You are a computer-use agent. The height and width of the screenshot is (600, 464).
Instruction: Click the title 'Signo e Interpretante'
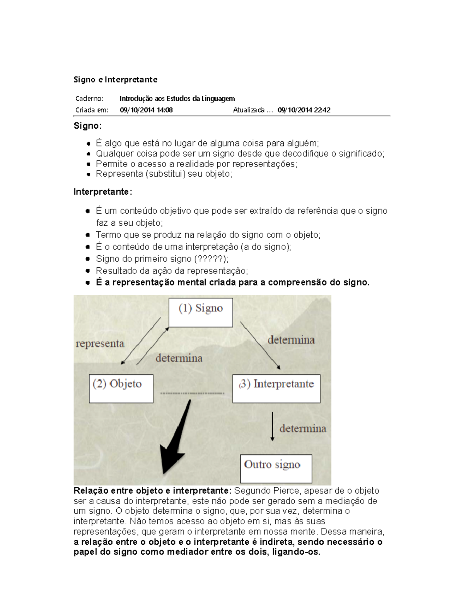coord(115,80)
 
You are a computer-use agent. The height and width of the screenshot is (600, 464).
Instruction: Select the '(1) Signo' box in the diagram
coord(201,312)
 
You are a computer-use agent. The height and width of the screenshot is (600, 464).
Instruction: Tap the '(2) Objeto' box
coord(121,388)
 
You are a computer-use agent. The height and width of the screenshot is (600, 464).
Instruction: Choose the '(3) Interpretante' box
coord(276,388)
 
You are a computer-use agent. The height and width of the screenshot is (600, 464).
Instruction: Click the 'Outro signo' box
coord(276,469)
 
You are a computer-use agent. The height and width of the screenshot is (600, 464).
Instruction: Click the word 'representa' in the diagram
coord(100,343)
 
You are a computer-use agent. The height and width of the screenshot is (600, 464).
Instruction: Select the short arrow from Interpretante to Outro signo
coord(272,426)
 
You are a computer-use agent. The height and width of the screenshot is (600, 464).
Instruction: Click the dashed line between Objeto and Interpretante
coord(192,393)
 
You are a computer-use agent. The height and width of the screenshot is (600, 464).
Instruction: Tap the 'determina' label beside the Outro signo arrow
coord(302,428)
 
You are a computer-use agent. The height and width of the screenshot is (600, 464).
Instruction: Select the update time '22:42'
coord(322,110)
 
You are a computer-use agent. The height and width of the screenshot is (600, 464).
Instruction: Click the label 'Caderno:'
coord(89,99)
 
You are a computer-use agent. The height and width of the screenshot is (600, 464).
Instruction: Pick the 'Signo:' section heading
coord(88,126)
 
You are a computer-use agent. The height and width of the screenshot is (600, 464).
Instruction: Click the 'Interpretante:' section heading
coord(103,192)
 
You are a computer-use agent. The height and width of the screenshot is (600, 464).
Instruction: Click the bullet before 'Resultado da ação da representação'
coord(88,271)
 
